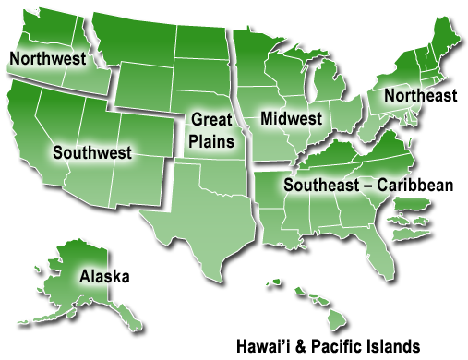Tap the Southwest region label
tap(92, 152)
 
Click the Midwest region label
tap(291, 119)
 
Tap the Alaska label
tap(104, 276)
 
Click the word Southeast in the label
tap(322, 185)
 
